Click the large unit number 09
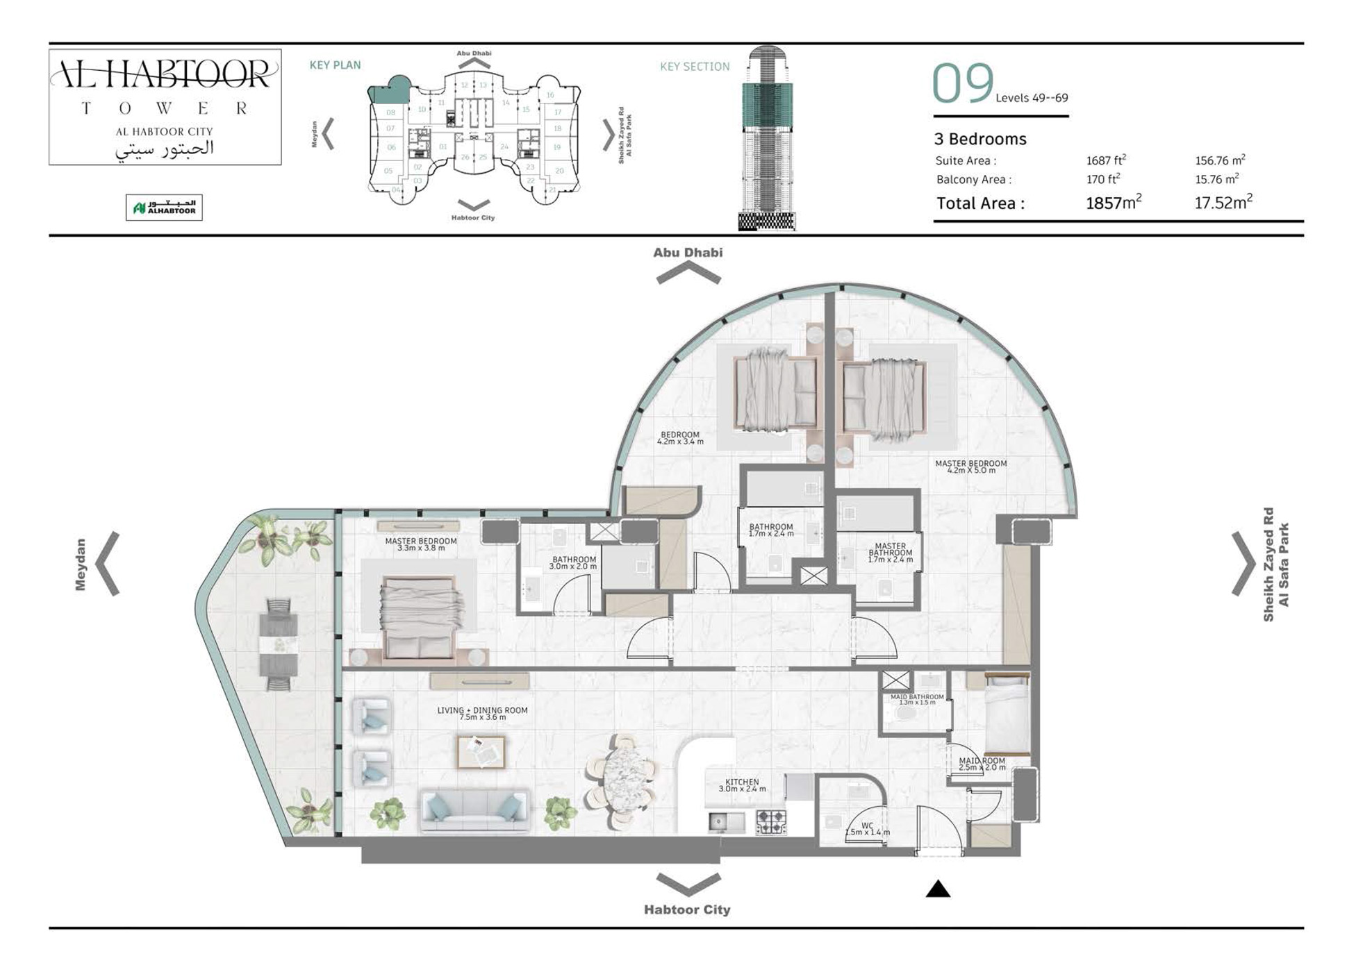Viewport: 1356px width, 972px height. [x=963, y=84]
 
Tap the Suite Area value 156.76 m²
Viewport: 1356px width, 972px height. [x=1219, y=160]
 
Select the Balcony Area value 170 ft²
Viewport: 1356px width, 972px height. [x=1103, y=179]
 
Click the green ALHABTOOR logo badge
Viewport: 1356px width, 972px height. [x=164, y=208]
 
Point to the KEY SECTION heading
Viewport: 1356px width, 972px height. [x=694, y=67]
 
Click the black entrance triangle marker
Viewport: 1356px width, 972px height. [x=937, y=889]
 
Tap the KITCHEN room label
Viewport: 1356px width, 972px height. [x=742, y=785]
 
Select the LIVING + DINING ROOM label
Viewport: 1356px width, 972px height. [x=482, y=713]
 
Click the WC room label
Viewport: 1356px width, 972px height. [x=867, y=829]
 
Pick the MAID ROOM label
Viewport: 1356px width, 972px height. [x=982, y=764]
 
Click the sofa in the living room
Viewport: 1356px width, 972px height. [x=474, y=811]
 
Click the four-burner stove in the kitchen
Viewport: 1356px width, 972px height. [x=770, y=822]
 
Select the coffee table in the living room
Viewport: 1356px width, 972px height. [x=481, y=752]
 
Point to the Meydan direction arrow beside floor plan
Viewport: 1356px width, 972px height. [x=109, y=564]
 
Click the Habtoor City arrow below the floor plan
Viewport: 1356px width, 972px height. [x=688, y=885]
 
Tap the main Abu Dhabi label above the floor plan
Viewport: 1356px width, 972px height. [x=687, y=253]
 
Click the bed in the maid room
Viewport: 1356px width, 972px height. [x=1007, y=715]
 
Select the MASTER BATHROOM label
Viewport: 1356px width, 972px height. [x=890, y=553]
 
